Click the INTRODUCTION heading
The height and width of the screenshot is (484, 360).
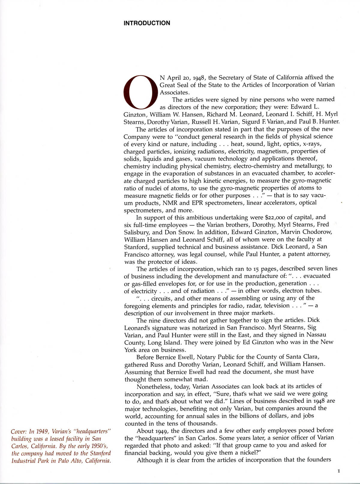(x=147, y=23)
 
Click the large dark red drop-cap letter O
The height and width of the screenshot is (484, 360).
(x=140, y=92)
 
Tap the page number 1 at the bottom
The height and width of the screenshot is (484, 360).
(x=339, y=471)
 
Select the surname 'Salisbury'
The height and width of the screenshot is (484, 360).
(x=137, y=232)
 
